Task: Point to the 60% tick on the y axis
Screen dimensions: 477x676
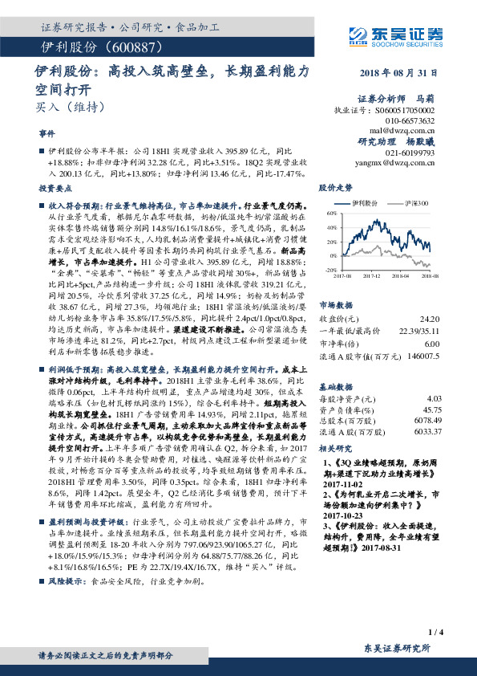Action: pyautogui.click(x=331, y=215)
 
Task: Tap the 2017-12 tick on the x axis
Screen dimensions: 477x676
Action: pyautogui.click(x=370, y=275)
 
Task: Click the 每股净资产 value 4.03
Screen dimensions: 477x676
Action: pyautogui.click(x=434, y=375)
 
